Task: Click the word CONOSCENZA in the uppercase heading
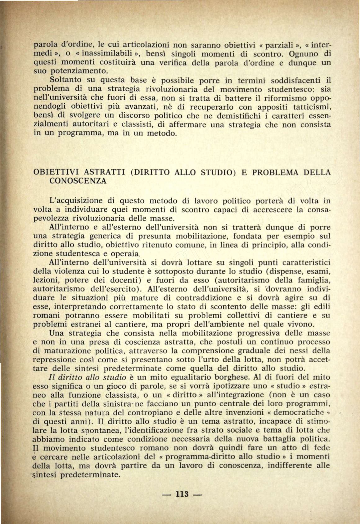point(78,181)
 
